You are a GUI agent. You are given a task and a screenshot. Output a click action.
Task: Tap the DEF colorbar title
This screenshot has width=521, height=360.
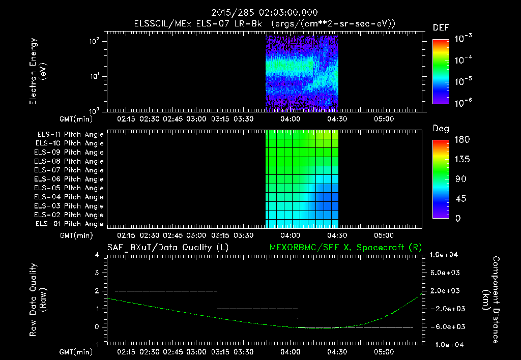point(440,27)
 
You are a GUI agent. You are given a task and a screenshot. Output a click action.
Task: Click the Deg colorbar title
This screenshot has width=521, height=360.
point(440,129)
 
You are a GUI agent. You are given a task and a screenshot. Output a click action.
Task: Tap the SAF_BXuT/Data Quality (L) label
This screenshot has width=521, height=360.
point(167,248)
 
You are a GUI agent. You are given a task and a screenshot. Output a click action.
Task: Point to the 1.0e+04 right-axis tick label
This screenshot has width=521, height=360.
point(446,254)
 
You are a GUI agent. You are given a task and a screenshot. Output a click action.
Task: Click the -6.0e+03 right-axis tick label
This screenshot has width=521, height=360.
point(446,326)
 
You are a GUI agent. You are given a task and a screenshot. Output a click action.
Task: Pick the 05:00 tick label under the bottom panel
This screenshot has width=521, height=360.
point(384,351)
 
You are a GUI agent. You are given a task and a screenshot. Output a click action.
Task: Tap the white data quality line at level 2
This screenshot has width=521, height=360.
point(166,291)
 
